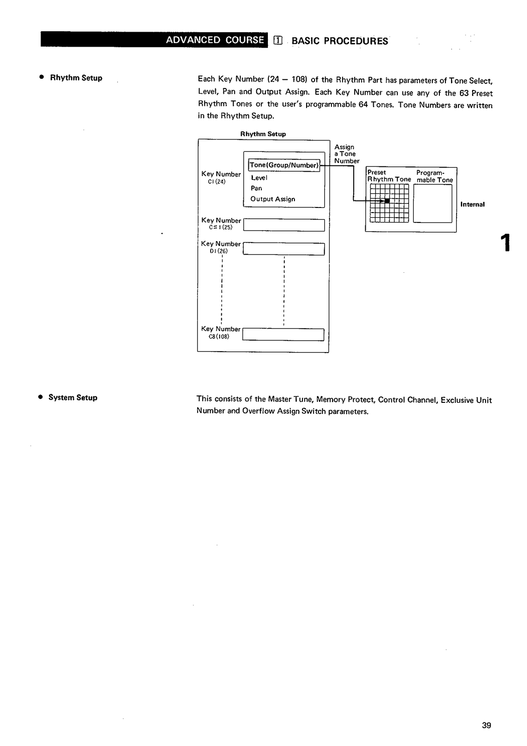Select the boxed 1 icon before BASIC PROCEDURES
coord(278,41)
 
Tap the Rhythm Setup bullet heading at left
coord(76,78)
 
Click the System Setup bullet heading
coord(73,398)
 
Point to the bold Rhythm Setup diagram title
coord(263,134)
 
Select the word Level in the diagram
coord(259,178)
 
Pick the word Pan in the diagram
coord(256,188)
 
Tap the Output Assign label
coord(273,199)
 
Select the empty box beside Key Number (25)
coord(283,225)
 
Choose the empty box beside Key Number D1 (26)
coord(283,249)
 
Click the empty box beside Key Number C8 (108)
coord(283,335)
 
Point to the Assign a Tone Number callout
coord(346,154)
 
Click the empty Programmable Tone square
coord(432,204)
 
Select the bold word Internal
coord(472,204)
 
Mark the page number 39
coord(486,725)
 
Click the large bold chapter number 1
coord(505,242)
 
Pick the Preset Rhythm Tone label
coord(389,176)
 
